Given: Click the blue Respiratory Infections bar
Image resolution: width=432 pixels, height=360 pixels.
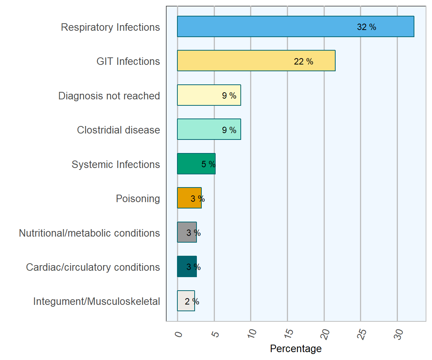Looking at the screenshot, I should click(262, 27).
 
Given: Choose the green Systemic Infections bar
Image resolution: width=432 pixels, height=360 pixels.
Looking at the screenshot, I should click(189, 164).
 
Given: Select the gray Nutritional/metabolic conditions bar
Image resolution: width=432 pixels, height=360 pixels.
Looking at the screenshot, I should click(182, 232).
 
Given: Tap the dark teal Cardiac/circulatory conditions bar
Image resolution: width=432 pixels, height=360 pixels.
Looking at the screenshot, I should click(182, 267).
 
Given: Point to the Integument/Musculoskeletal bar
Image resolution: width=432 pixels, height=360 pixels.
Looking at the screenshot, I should click(181, 301).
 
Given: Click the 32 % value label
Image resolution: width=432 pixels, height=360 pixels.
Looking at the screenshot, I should click(366, 27).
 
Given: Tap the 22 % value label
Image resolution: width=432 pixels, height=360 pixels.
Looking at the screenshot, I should click(303, 61).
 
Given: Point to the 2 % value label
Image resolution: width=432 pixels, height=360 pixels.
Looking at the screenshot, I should click(192, 301).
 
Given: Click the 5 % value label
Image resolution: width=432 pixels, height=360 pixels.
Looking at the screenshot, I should click(208, 164).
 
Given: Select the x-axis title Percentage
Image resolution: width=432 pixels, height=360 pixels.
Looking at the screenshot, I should click(295, 349).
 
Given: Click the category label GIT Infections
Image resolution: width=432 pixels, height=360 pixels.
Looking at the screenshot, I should click(128, 61).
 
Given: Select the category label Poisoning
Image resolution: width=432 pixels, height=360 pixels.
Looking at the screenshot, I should click(138, 198).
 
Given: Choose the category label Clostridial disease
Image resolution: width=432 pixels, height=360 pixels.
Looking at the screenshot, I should click(118, 130).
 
